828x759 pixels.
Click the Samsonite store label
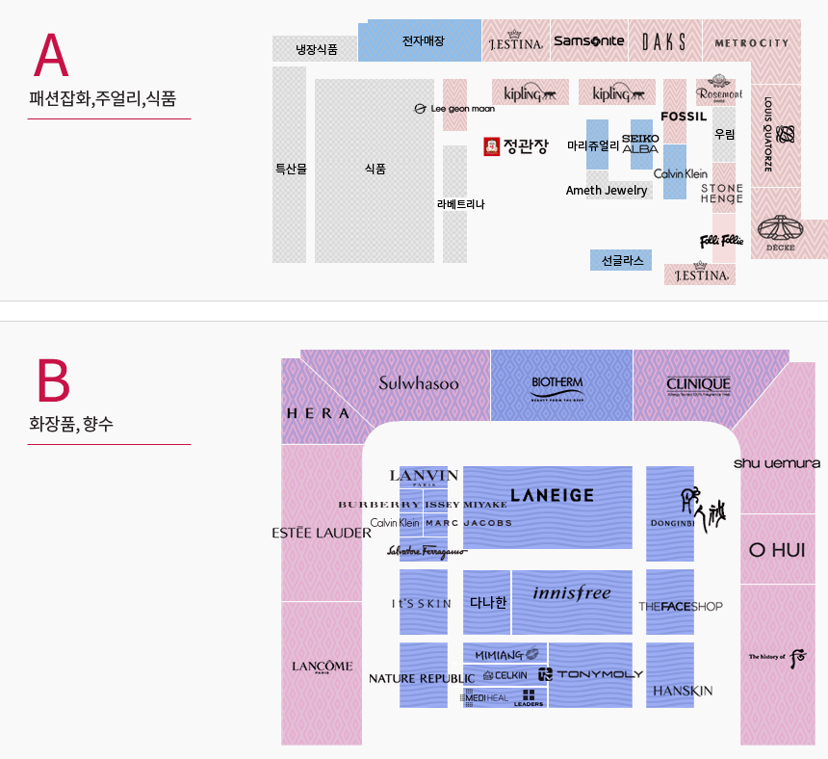click(x=588, y=41)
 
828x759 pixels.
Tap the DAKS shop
click(x=663, y=41)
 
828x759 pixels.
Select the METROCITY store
click(x=751, y=42)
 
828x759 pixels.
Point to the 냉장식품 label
click(x=316, y=49)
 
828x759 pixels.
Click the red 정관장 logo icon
click(x=492, y=146)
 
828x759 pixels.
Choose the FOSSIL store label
click(x=684, y=117)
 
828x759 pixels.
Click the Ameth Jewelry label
click(x=607, y=191)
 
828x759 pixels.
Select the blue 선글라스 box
click(x=621, y=260)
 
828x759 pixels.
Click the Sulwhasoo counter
click(x=419, y=383)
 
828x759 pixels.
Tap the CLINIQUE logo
click(x=698, y=385)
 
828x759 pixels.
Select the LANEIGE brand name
click(x=552, y=495)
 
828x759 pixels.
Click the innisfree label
click(x=572, y=593)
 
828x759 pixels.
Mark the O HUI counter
click(x=776, y=550)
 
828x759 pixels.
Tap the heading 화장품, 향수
click(x=71, y=423)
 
